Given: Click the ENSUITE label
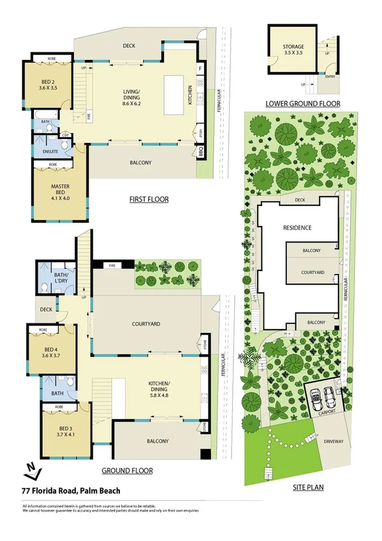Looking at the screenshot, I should pos(51,151).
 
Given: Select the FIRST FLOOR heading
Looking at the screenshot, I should pos(149,200).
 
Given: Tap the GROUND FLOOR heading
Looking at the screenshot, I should pos(128,471).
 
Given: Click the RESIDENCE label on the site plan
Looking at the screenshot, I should pos(297,228).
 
